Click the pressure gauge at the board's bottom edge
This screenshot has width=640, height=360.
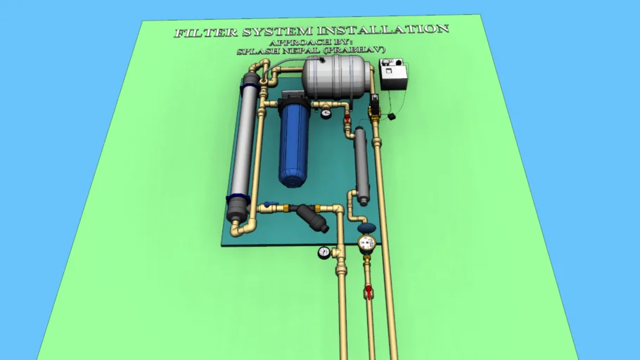pos(324,252)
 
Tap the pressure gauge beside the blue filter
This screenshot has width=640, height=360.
pos(326,111)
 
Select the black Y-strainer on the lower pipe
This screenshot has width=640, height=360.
pos(312,217)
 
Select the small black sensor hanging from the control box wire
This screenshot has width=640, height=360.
pos(392,116)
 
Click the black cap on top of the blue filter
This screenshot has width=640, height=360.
pos(294,98)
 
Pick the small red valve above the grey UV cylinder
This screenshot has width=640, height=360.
pos(347,120)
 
